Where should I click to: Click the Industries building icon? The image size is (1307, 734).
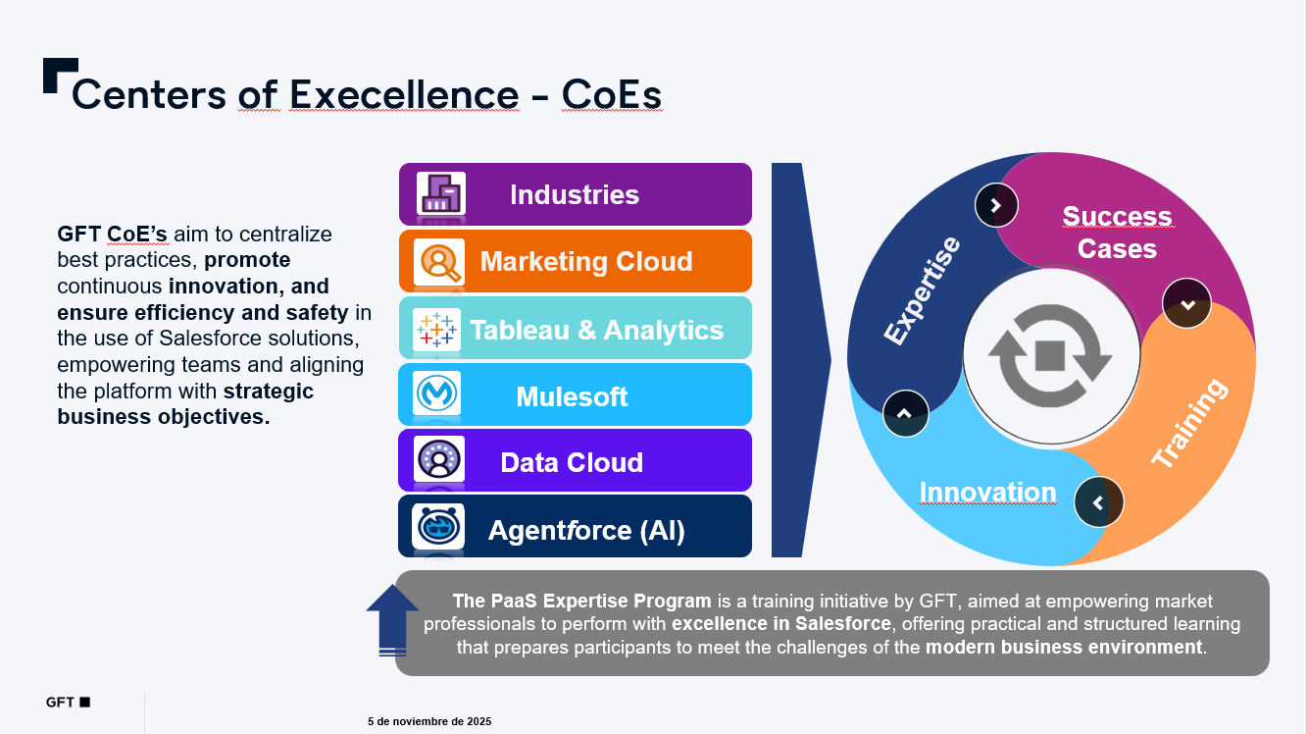click(x=441, y=193)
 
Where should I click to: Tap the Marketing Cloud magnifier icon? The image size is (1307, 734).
click(x=439, y=262)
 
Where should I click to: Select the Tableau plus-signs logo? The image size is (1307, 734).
click(x=436, y=330)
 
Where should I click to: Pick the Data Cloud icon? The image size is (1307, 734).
click(x=439, y=459)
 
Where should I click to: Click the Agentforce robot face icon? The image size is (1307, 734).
click(x=437, y=527)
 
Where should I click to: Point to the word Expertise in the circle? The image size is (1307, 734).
click(x=922, y=290)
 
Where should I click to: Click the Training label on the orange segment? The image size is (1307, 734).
click(x=1190, y=423)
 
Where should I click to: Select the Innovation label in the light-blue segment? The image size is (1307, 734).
click(x=987, y=493)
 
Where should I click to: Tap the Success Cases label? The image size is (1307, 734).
click(x=1117, y=233)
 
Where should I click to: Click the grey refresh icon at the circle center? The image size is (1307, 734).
click(x=1050, y=355)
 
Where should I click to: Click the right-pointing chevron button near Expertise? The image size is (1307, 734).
click(x=996, y=205)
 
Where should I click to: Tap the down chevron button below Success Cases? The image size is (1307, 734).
click(x=1186, y=303)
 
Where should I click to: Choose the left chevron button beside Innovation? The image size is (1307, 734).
click(x=1099, y=502)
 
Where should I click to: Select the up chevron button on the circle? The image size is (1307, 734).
click(x=906, y=413)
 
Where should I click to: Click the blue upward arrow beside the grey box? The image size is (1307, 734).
click(x=392, y=620)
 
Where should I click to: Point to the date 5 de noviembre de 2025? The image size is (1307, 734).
click(x=429, y=722)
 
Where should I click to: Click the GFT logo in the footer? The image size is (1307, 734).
click(x=68, y=702)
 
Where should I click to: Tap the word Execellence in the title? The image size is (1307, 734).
click(x=404, y=94)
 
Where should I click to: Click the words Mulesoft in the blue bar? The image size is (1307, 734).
click(x=572, y=397)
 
